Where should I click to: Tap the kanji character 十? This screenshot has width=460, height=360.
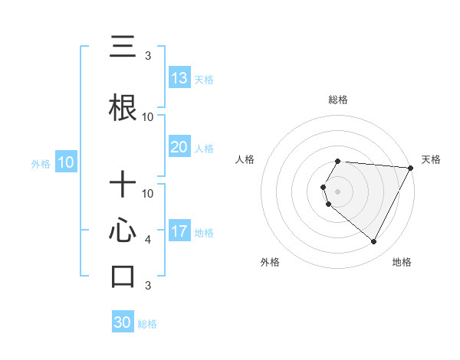point(123,185)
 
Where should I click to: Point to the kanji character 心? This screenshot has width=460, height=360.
point(123,231)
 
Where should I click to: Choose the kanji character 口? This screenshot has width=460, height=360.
point(123,276)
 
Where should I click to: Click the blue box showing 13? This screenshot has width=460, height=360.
point(179,78)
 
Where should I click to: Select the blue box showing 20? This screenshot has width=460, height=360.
point(179,147)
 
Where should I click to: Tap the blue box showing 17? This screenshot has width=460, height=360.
point(179,231)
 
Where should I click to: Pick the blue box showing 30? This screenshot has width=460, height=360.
point(123,322)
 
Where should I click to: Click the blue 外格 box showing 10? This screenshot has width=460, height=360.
point(66,162)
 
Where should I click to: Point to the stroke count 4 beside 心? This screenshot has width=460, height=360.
point(148,240)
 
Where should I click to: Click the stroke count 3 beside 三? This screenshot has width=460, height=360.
point(148,56)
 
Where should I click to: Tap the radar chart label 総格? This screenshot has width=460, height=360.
point(338,100)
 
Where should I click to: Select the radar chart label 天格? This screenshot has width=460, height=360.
point(431,159)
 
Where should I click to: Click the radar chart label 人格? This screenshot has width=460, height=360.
point(245,159)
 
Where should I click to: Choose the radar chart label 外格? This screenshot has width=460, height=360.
point(270,262)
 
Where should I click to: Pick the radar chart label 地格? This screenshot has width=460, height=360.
point(402,262)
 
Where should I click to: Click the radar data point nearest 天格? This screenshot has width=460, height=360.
point(411,167)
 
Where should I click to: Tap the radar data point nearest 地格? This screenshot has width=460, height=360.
point(374,242)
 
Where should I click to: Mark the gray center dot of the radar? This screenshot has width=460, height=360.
point(338,191)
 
